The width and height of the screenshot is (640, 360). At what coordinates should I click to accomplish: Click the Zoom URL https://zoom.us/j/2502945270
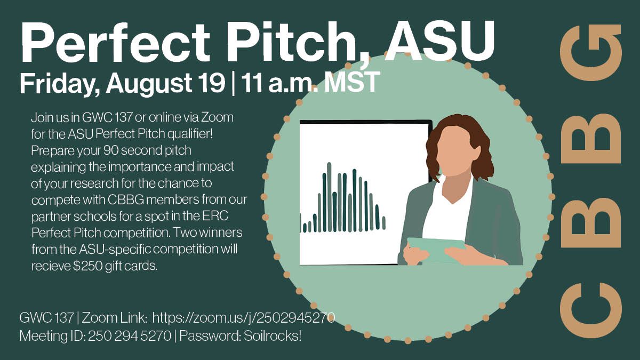click(x=244, y=318)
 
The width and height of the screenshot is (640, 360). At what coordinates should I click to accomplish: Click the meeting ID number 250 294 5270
click(x=130, y=337)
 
